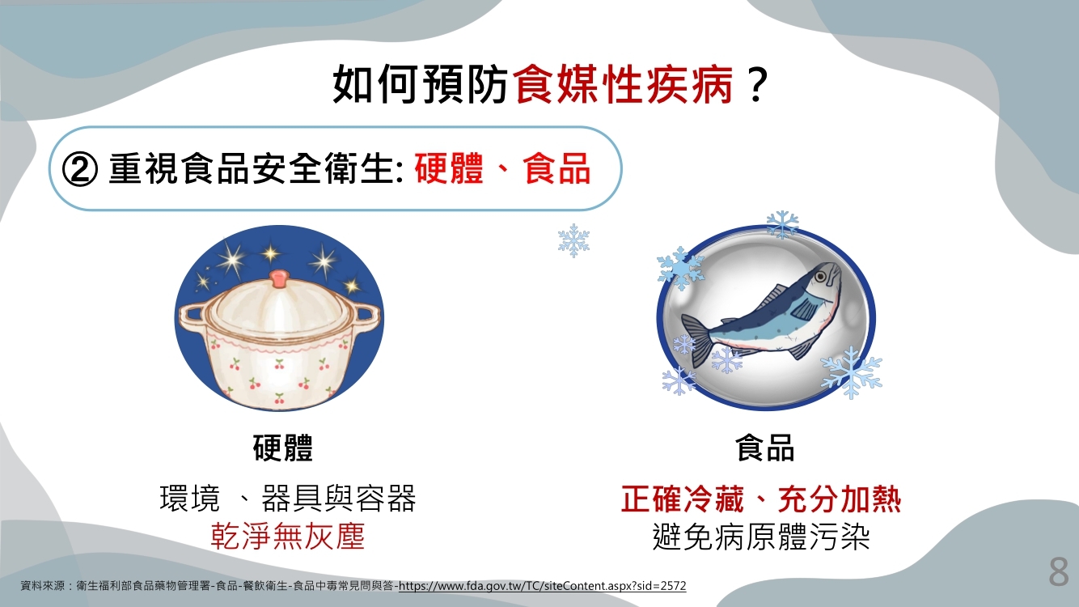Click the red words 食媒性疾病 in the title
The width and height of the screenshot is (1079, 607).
tap(624, 85)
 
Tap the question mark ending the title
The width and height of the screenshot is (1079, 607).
tap(757, 85)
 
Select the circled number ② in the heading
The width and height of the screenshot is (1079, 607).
tap(80, 169)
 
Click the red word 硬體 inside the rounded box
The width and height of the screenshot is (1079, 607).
tap(448, 168)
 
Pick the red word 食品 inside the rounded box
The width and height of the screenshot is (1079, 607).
tap(556, 168)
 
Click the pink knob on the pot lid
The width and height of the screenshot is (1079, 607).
tap(279, 278)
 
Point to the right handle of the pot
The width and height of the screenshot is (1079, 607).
tap(366, 317)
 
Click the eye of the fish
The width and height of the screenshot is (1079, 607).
tap(820, 276)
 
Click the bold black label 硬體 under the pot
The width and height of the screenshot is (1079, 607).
tap(283, 448)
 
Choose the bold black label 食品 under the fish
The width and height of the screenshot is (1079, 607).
tap(764, 448)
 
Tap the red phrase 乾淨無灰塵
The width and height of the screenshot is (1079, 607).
tap(288, 536)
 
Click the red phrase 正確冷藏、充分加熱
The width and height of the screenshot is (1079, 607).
tap(760, 499)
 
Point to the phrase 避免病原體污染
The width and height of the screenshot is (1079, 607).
tap(760, 536)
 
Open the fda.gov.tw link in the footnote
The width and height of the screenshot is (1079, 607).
tap(543, 586)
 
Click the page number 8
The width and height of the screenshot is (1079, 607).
tap(1058, 572)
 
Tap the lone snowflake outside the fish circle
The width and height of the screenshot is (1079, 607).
tap(573, 240)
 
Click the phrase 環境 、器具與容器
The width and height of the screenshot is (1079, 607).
tap(288, 499)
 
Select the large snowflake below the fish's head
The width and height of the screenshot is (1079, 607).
tap(852, 372)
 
